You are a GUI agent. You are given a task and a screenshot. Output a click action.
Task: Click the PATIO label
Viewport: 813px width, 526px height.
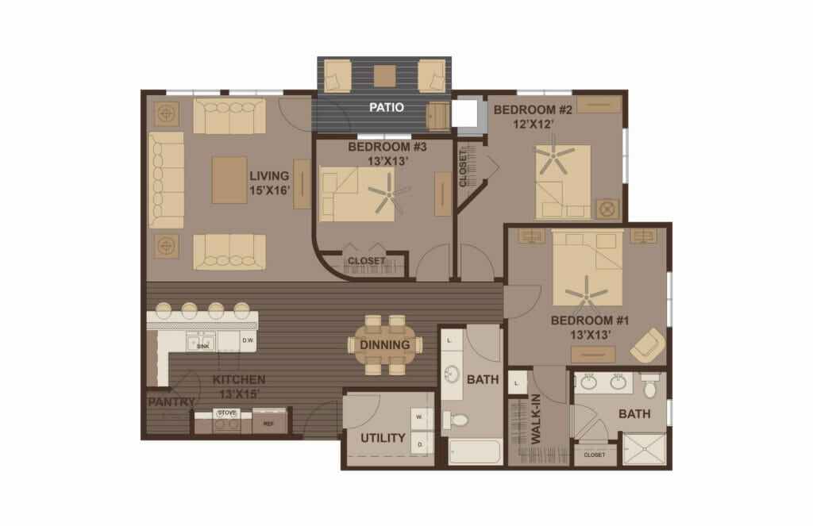pos(386,107)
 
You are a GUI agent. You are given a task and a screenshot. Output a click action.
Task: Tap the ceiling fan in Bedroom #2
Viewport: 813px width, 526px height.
pos(553,155)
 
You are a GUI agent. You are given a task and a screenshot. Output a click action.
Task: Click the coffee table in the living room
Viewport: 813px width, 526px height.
pos(229,179)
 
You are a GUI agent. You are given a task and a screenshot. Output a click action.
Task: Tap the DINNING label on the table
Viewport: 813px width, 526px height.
pos(385,345)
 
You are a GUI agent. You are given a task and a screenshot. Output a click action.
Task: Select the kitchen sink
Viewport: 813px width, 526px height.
pos(202,342)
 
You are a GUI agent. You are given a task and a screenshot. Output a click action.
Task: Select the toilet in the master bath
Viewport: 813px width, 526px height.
pos(650,386)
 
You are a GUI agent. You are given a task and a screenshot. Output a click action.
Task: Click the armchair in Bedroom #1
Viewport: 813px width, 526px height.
pos(647,345)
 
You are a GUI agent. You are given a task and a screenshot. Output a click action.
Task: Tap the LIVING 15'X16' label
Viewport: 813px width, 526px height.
pos(269,183)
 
